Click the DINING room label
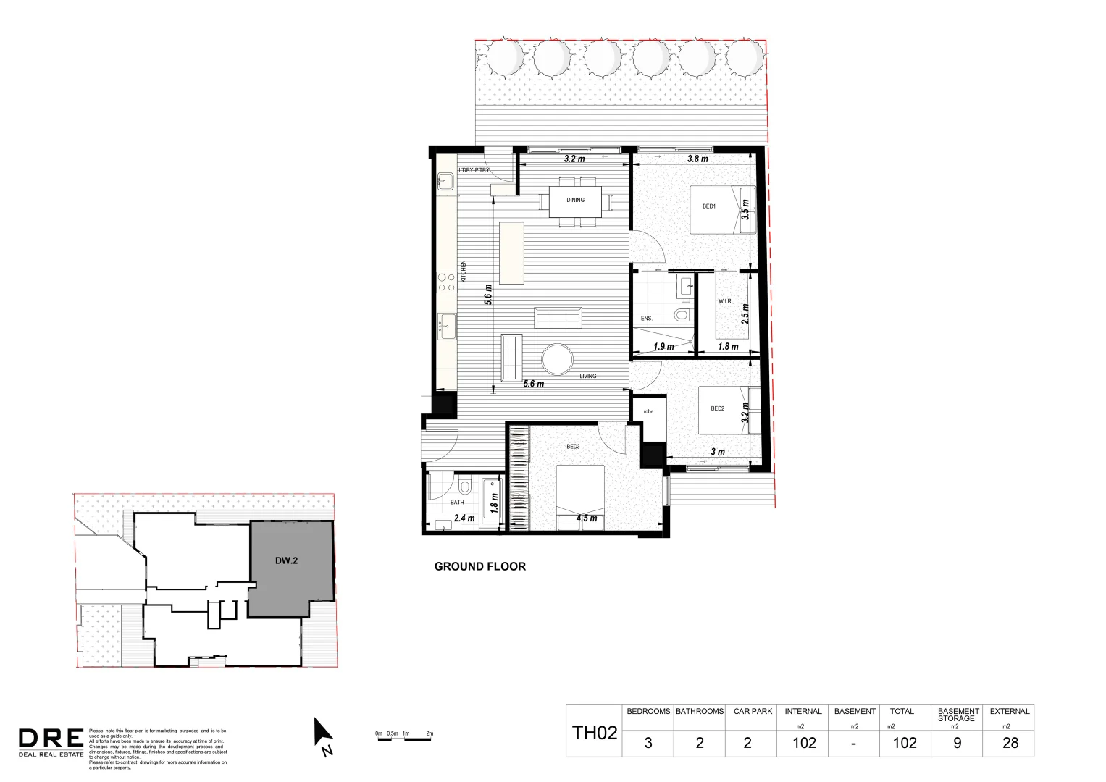(x=575, y=200)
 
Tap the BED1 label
(x=708, y=206)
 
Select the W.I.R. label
(x=725, y=301)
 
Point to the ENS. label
(x=646, y=319)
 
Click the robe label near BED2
(x=648, y=411)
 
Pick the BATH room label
(x=457, y=502)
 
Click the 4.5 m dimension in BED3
(x=587, y=518)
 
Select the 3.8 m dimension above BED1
(x=697, y=159)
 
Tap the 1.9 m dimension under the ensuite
(x=663, y=347)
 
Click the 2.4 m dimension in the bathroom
(x=464, y=518)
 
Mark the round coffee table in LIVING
(x=558, y=358)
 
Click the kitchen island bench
(x=511, y=253)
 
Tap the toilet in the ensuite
(x=682, y=315)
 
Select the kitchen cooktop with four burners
(x=446, y=282)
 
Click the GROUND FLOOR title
(x=479, y=566)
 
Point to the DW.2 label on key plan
(x=286, y=560)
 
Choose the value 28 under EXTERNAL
(x=1010, y=743)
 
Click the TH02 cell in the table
(x=595, y=733)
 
